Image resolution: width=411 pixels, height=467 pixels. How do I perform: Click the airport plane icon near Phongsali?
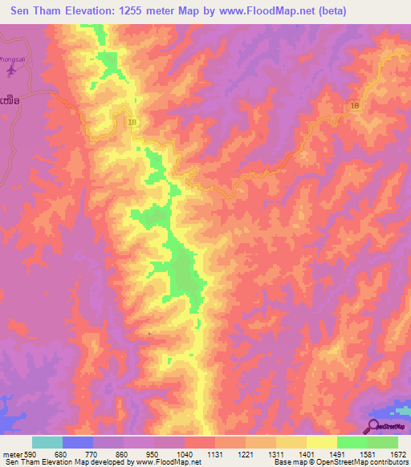click(10, 71)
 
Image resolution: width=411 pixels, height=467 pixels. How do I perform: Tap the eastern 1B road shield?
click(355, 104)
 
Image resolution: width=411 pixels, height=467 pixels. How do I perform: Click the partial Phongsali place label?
click(11, 59)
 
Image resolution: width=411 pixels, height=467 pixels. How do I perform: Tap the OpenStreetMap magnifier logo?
click(375, 426)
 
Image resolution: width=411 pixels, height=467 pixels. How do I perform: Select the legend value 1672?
click(397, 453)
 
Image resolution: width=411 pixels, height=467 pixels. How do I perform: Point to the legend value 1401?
click(306, 453)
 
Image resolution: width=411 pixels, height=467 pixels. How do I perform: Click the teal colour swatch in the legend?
click(47, 442)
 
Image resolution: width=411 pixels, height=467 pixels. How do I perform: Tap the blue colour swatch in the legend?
click(77, 442)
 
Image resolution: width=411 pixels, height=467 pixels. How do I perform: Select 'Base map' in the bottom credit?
click(289, 462)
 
